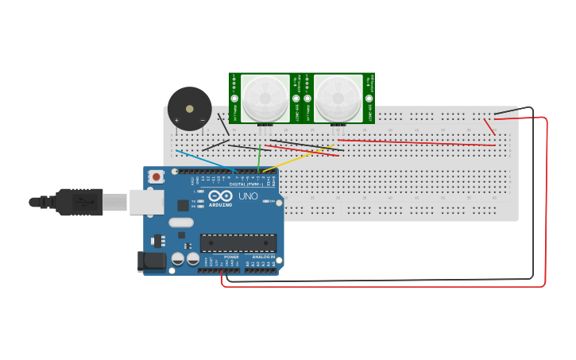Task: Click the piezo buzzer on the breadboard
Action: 190,109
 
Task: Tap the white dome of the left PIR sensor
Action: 265,97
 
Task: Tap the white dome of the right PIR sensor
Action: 338,98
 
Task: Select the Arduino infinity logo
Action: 220,195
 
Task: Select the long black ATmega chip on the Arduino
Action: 238,243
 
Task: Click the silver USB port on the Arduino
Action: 147,203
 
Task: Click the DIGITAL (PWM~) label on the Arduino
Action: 245,184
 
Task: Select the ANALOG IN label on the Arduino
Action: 263,257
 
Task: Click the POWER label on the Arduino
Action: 231,257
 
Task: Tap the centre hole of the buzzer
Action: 190,108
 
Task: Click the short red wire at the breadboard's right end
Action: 489,127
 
